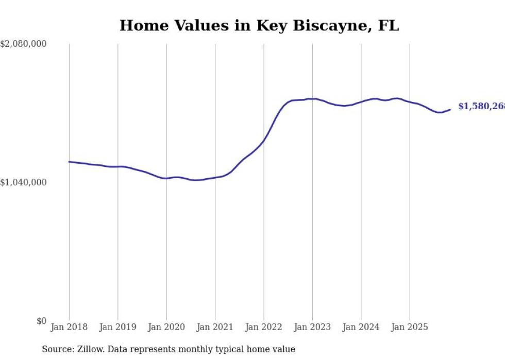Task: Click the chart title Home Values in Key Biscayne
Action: click(259, 26)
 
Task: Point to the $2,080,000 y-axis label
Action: click(23, 44)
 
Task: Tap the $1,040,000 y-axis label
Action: click(23, 182)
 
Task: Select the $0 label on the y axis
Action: click(41, 321)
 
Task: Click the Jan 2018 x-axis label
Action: click(69, 327)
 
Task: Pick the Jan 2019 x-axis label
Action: click(117, 327)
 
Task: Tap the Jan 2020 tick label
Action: click(166, 327)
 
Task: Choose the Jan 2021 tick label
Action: click(215, 327)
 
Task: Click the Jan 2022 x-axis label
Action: click(264, 327)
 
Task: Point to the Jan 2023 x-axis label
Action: click(312, 327)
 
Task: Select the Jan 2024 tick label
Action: click(361, 327)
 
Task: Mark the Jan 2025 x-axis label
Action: click(410, 327)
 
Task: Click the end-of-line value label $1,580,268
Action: click(481, 106)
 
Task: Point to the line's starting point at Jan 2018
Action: click(69, 162)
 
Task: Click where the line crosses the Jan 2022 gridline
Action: click(264, 141)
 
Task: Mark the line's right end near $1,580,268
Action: click(450, 109)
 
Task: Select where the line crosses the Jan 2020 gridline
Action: click(166, 178)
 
